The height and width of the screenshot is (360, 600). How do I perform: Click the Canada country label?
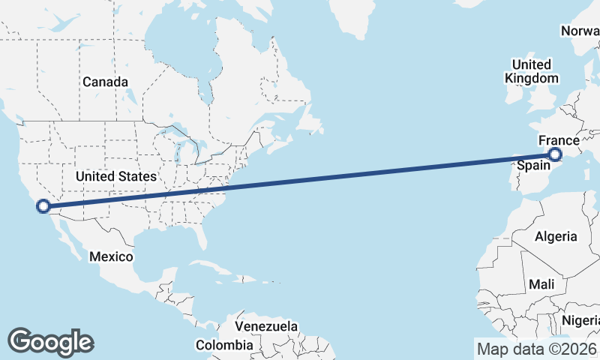(x=106, y=82)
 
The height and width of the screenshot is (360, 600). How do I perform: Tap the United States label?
(x=115, y=176)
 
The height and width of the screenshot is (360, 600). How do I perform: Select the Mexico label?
(x=111, y=256)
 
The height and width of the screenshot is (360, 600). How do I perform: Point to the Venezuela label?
(x=266, y=327)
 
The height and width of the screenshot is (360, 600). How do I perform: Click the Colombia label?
(x=224, y=345)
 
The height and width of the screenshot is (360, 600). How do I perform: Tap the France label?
(x=559, y=140)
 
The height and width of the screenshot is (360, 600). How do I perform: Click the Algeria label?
(x=556, y=236)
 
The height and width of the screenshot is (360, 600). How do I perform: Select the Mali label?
(x=541, y=284)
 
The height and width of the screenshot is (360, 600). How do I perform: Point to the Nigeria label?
(x=581, y=320)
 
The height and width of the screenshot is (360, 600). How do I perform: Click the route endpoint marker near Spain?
(x=555, y=155)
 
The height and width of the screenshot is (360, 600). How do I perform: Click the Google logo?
(x=50, y=341)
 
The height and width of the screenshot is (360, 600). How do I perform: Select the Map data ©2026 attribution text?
(x=536, y=349)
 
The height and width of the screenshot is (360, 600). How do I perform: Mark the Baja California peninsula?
(x=64, y=236)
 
